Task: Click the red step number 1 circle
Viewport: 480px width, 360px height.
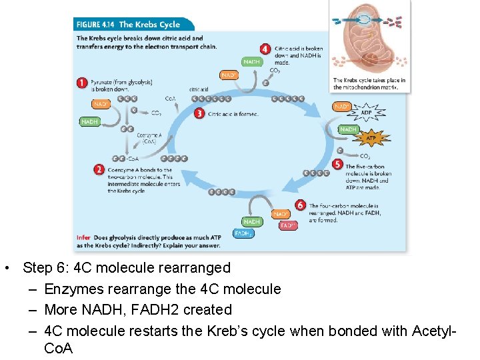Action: [82, 83]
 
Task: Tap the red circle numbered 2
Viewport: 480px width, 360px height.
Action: [99, 170]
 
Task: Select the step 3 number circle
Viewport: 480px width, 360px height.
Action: [199, 113]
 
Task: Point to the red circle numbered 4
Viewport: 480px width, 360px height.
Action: [265, 49]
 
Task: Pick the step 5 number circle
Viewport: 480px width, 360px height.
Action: [337, 164]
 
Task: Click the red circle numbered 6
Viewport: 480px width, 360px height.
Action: [300, 206]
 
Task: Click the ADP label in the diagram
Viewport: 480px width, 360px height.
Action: [366, 113]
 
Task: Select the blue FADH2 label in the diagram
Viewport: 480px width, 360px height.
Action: [243, 233]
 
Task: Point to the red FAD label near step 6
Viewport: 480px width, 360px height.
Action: [287, 225]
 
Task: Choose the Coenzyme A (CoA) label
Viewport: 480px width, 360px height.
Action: [149, 138]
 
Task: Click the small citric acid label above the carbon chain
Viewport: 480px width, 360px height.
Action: [198, 89]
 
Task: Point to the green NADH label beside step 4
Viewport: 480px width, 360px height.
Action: [251, 62]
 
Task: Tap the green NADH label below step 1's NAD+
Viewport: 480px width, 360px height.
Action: [89, 122]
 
